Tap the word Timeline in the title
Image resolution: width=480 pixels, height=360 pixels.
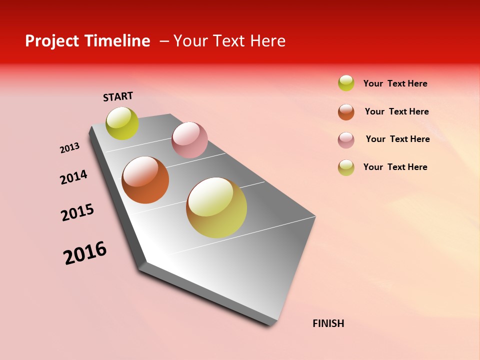pyautogui.click(x=117, y=41)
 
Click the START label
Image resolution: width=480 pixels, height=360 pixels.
pyautogui.click(x=118, y=96)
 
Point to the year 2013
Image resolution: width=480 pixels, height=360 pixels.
pyautogui.click(x=70, y=148)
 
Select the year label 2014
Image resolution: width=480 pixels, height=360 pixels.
pyautogui.click(x=74, y=177)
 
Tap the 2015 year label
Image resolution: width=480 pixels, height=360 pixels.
pyautogui.click(x=77, y=212)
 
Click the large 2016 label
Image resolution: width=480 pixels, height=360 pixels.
pyautogui.click(x=85, y=253)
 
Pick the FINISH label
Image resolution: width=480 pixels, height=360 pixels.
pyautogui.click(x=328, y=323)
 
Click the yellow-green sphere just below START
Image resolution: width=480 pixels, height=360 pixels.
pyautogui.click(x=122, y=123)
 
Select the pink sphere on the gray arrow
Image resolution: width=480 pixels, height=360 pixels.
pyautogui.click(x=189, y=140)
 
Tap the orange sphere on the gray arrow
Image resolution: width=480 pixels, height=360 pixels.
pyautogui.click(x=145, y=180)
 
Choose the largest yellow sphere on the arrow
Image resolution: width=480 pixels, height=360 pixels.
pyautogui.click(x=216, y=207)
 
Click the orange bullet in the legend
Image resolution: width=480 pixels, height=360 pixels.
pyautogui.click(x=346, y=112)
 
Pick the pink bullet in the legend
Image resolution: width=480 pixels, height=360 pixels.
pyautogui.click(x=346, y=140)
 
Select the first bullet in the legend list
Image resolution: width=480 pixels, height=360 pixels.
pyautogui.click(x=346, y=83)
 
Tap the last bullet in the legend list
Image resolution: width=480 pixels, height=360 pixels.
pyautogui.click(x=346, y=167)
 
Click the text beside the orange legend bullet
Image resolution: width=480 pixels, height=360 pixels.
pyautogui.click(x=397, y=111)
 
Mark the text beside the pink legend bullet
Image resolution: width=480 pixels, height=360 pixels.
pyautogui.click(x=398, y=139)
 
